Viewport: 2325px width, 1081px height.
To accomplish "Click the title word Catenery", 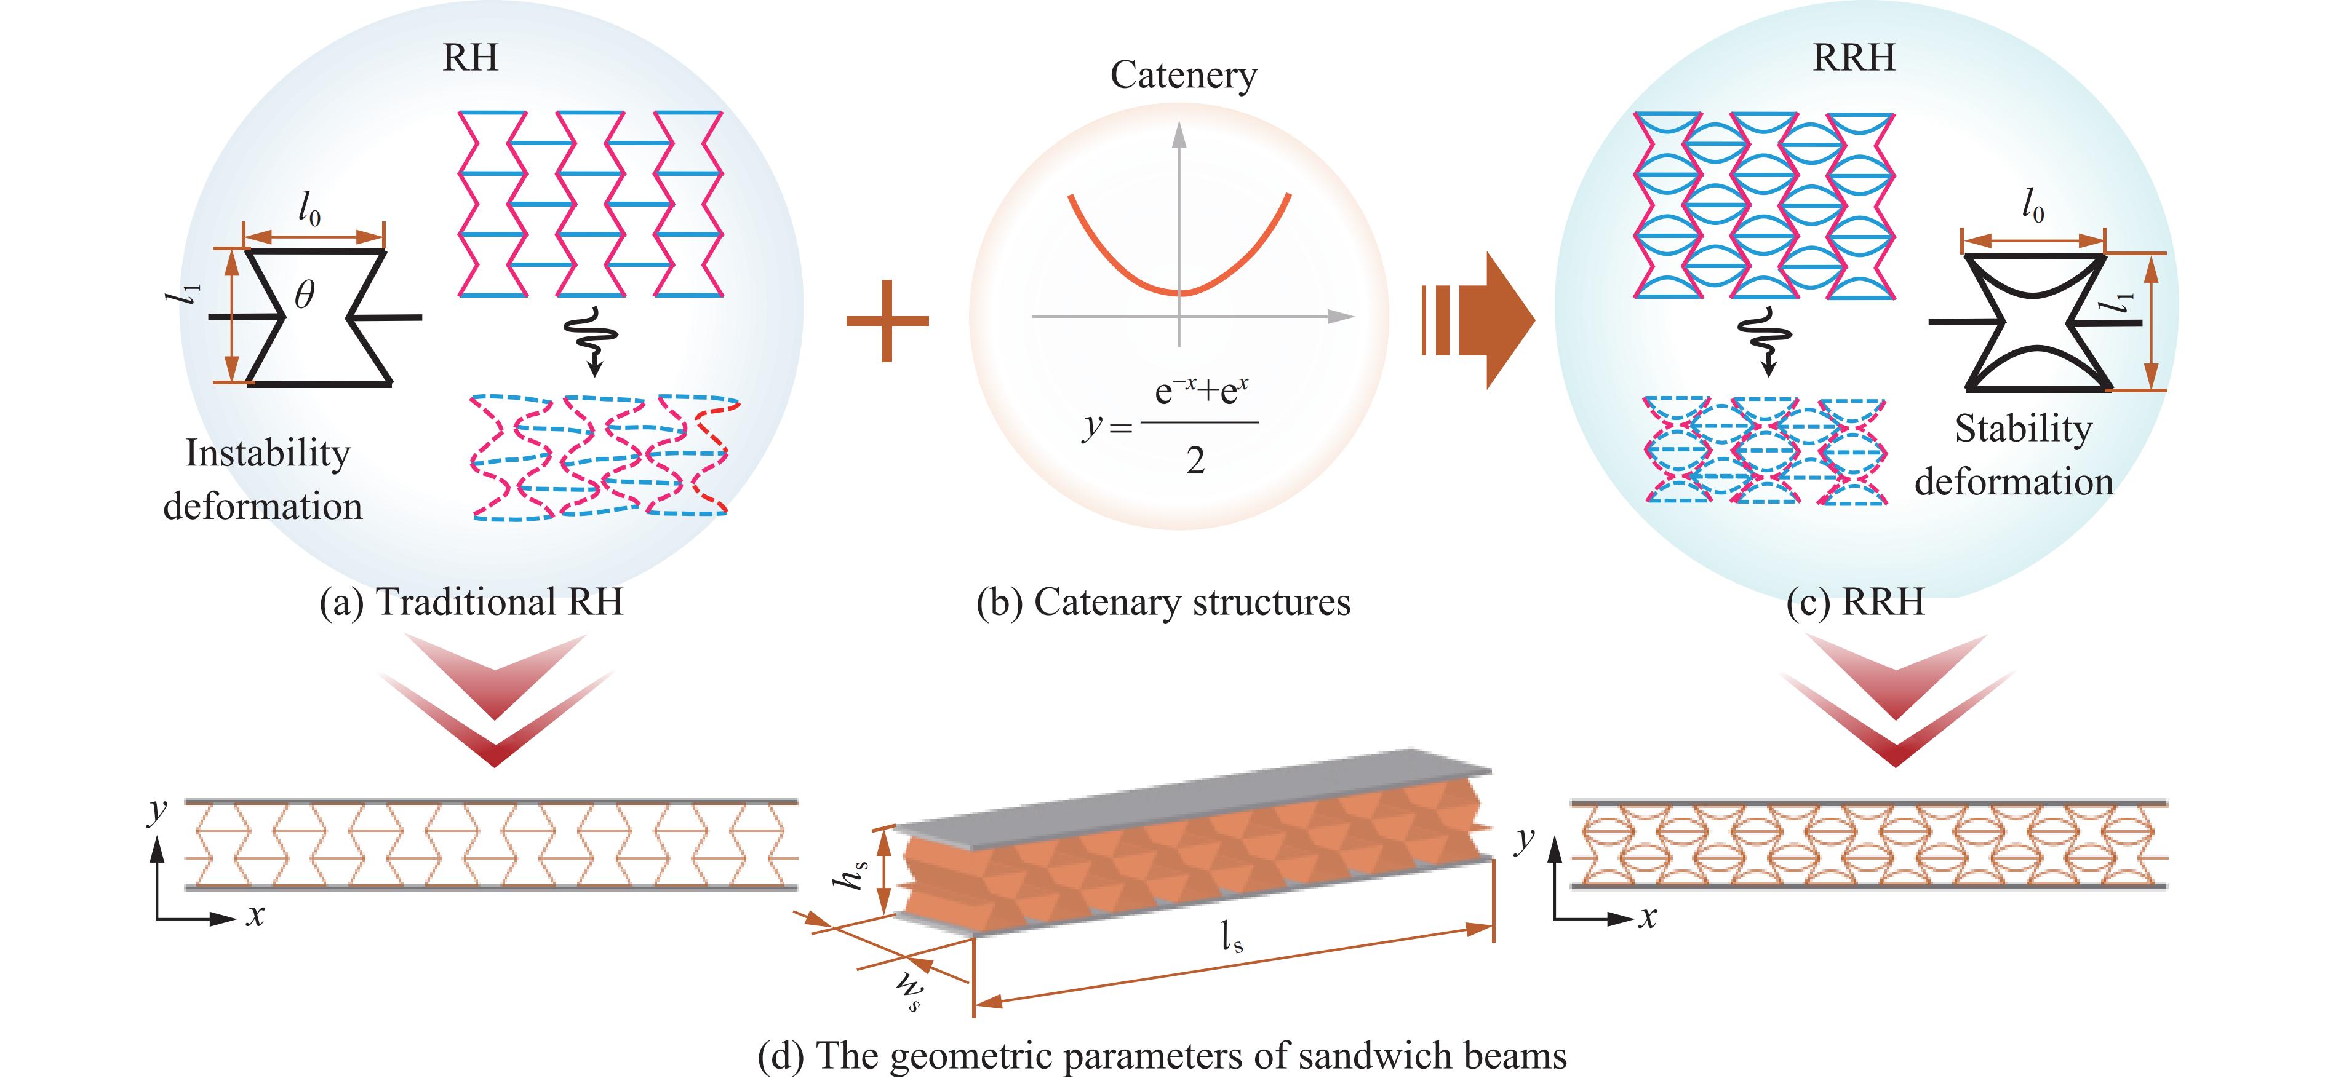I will click(x=1182, y=76).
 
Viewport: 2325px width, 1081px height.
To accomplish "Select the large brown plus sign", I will click(x=887, y=320).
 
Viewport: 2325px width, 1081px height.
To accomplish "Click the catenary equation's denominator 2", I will click(x=1195, y=462).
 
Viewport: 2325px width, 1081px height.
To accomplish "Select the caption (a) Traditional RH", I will click(x=471, y=602).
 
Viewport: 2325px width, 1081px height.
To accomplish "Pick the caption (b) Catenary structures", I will click(x=1163, y=602).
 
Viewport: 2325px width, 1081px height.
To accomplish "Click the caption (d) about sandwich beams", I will click(x=1162, y=1055).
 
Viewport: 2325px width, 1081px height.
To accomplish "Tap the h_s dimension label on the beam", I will click(x=858, y=873).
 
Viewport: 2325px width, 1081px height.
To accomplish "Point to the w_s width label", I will click(x=912, y=992).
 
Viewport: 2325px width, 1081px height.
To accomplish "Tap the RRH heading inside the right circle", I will click(x=1854, y=58).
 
